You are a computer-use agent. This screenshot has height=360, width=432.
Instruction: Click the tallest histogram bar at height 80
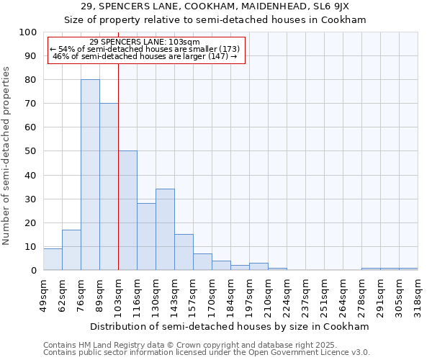[90, 175]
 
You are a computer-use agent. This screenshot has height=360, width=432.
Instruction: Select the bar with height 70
[109, 186]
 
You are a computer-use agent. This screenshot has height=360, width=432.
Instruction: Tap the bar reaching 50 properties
[127, 210]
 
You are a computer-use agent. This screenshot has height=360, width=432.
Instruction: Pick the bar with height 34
[165, 230]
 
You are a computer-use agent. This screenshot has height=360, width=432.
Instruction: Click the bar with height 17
[71, 250]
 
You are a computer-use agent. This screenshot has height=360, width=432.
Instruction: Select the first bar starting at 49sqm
[53, 259]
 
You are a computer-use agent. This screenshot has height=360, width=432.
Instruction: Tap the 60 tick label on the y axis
[31, 127]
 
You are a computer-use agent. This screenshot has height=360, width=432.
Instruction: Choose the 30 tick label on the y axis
[31, 199]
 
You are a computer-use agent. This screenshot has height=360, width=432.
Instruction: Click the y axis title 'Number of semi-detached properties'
[7, 156]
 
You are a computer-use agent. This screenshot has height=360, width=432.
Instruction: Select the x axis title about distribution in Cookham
[230, 326]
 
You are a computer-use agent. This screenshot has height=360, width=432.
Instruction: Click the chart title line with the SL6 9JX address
[215, 6]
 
